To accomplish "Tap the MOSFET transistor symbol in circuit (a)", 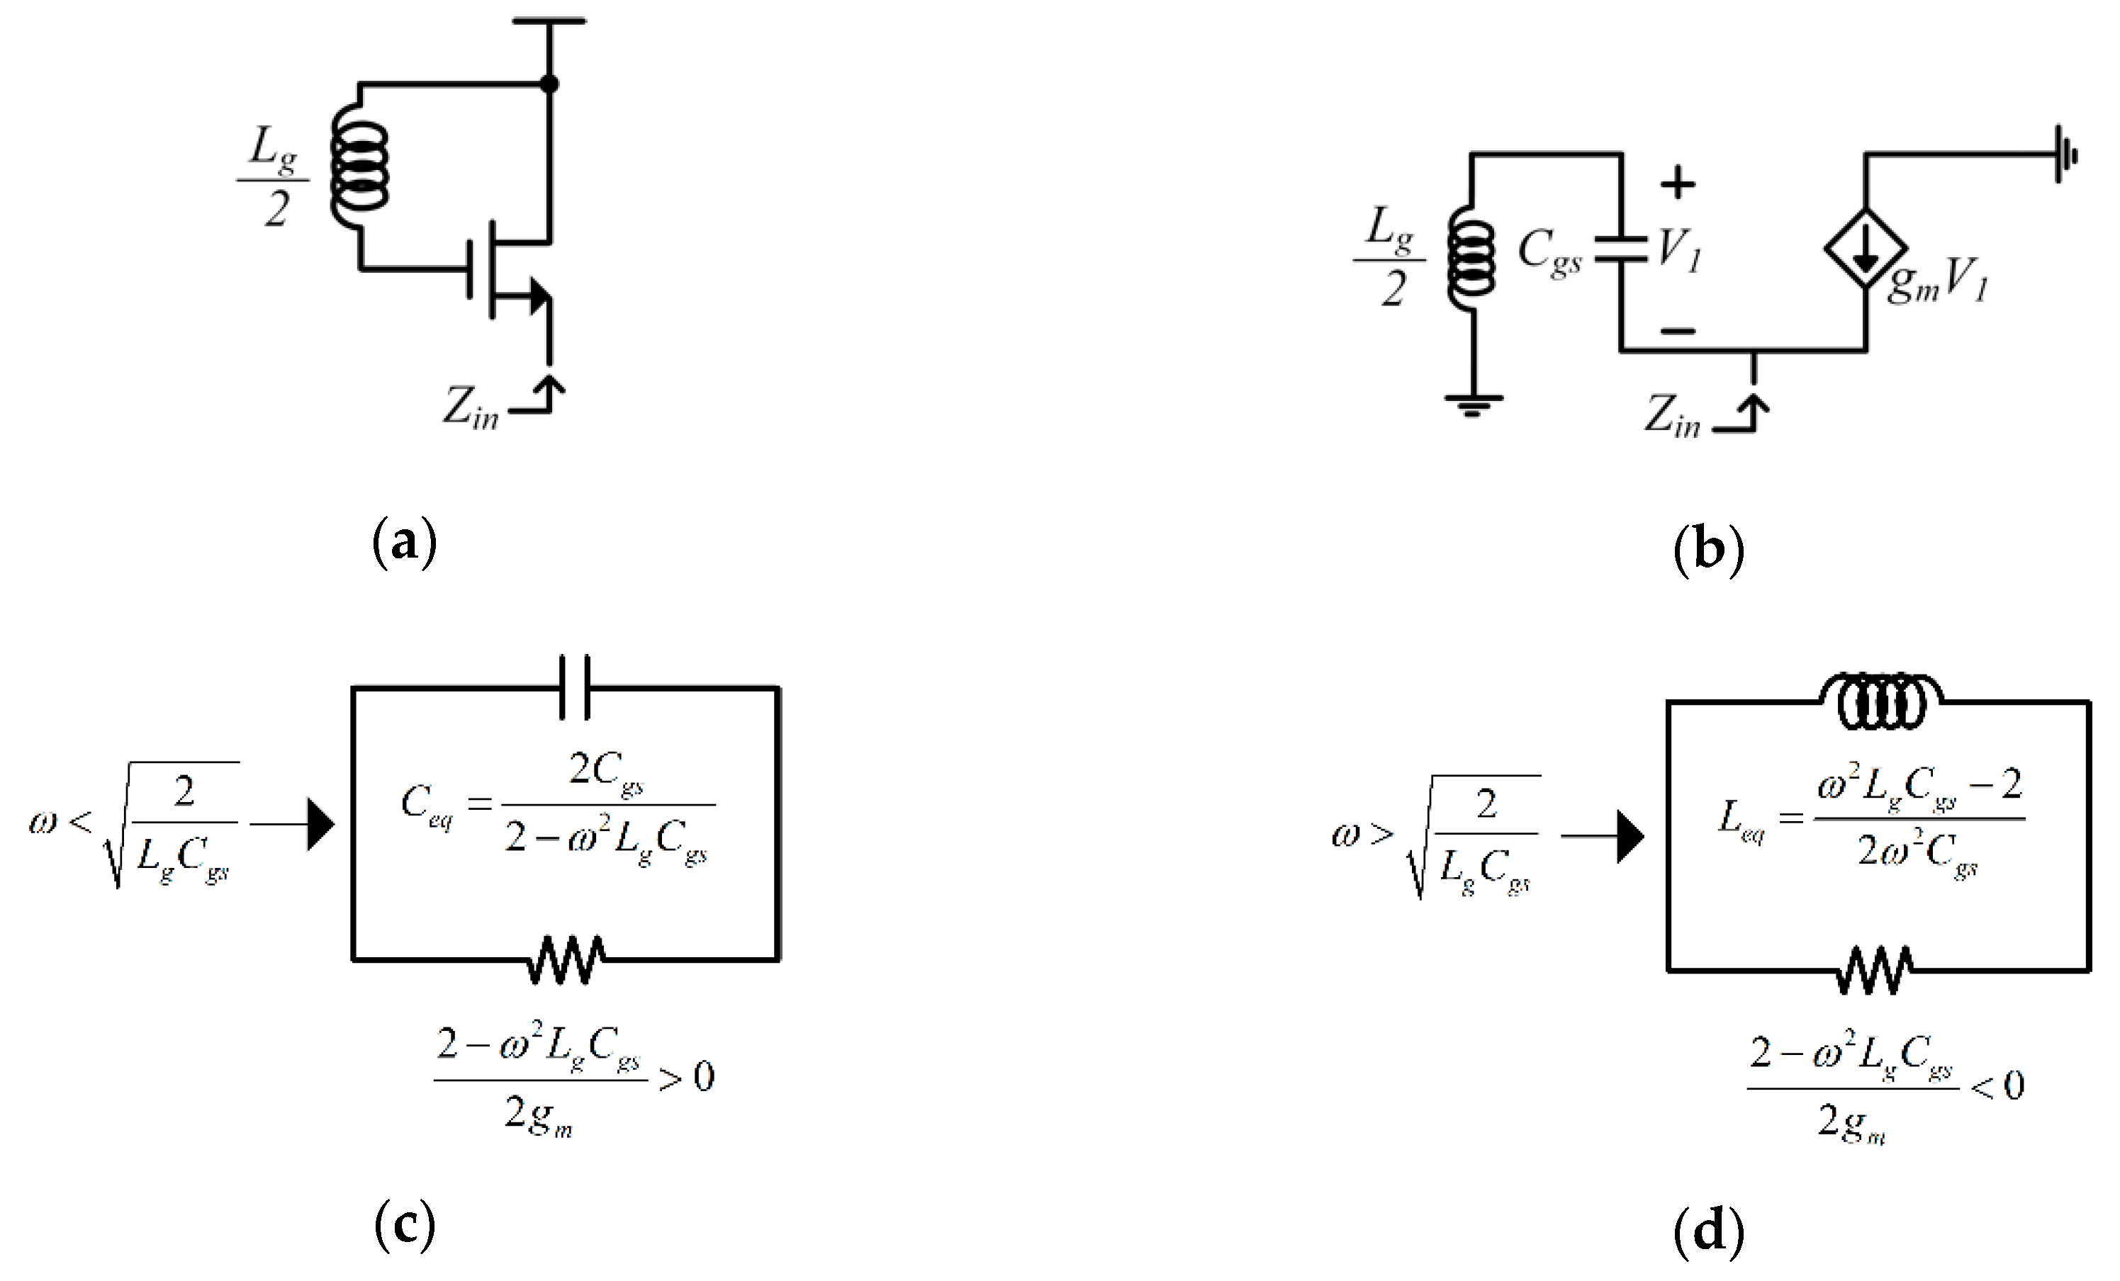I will pos(507,270).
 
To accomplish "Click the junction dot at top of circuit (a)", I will pos(549,84).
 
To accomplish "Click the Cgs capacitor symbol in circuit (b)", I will pos(1621,249).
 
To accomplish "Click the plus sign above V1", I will pos(1677,184).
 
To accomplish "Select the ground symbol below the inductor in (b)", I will pos(1474,402).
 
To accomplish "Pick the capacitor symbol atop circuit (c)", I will pos(575,687).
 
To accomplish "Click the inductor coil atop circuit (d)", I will pos(1879,702).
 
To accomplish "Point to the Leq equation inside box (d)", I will pos(1872,818).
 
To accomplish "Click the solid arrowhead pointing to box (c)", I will pos(320,825).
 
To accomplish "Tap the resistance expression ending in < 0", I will pos(1884,1088).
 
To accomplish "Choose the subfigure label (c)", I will pos(405,1227).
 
